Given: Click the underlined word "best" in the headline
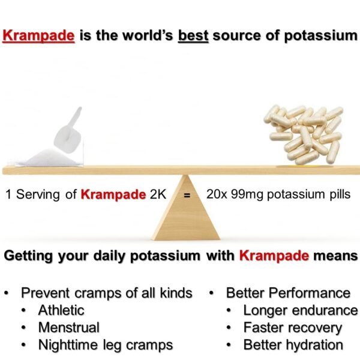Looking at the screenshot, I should click(x=193, y=35).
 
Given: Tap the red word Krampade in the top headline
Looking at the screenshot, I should click(x=39, y=35).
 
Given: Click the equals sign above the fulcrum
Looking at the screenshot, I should click(x=187, y=196).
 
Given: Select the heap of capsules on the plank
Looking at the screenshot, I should click(x=303, y=133).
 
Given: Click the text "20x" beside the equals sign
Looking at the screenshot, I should click(x=217, y=194).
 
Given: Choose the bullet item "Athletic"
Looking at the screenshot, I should click(x=61, y=310).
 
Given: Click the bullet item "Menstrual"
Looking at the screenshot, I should click(x=68, y=328).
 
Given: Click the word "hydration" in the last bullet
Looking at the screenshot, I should click(x=313, y=345).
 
